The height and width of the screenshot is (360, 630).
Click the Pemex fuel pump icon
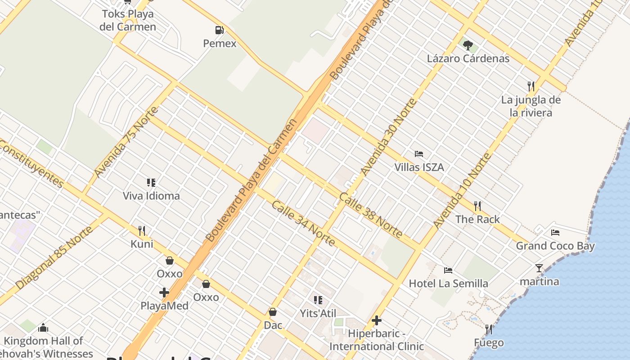(x=220, y=30)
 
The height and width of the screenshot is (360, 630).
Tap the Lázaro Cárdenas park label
(x=468, y=58)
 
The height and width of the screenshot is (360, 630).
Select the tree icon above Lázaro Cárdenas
(x=468, y=45)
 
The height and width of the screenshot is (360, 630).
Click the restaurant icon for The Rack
(x=477, y=206)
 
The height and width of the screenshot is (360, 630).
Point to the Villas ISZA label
(x=419, y=167)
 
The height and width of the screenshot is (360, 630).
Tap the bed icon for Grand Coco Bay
(x=555, y=233)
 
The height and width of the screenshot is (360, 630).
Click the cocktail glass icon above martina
(x=539, y=268)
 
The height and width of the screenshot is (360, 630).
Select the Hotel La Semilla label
(x=448, y=283)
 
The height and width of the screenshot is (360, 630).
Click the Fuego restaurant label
(x=489, y=343)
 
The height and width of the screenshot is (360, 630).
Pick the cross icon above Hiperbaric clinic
(x=377, y=320)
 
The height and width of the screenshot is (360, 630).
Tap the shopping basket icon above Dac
(x=273, y=312)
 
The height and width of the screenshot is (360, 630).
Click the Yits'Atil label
(x=318, y=313)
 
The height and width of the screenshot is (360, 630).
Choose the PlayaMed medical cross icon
(x=164, y=292)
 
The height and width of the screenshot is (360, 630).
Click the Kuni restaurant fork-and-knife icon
(x=142, y=231)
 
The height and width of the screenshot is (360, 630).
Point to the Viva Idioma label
(x=151, y=196)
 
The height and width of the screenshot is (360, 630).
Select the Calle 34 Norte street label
(x=303, y=224)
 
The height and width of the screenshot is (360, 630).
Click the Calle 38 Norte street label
(x=371, y=215)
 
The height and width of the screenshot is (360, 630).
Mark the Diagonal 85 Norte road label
(x=54, y=258)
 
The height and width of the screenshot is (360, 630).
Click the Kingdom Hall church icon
(x=43, y=328)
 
